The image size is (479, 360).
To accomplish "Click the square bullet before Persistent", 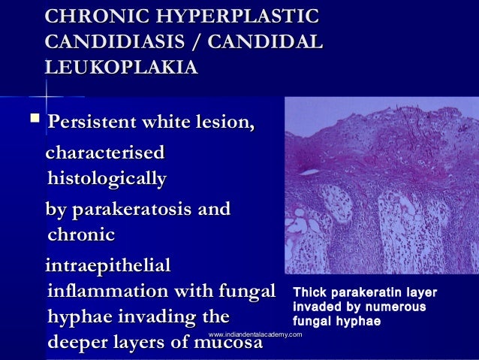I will coord(32,120).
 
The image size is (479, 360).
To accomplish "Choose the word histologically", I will coord(106,180).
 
